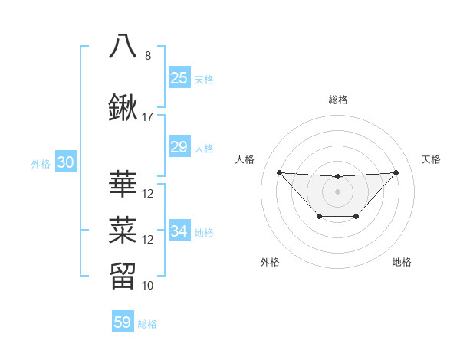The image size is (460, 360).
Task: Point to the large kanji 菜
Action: (x=123, y=228)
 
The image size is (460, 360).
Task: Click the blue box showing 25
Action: (x=179, y=78)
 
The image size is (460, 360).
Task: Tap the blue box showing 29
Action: (x=179, y=147)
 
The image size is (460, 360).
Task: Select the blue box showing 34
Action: (x=179, y=231)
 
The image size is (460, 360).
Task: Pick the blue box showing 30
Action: (x=65, y=162)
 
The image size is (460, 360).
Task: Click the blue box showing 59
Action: (x=123, y=322)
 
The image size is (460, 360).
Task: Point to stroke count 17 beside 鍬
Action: (x=148, y=117)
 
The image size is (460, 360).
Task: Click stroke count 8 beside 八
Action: (x=148, y=56)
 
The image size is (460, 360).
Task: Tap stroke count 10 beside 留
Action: (x=148, y=286)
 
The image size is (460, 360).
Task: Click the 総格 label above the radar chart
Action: (x=337, y=100)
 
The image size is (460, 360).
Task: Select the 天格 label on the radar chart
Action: (x=432, y=159)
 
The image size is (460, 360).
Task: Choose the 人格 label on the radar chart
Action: (x=245, y=159)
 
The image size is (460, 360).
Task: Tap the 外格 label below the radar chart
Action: (x=270, y=262)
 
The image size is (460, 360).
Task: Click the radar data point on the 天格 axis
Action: (x=396, y=172)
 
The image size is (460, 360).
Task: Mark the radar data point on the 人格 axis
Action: (x=279, y=172)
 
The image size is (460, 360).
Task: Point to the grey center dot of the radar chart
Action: (x=337, y=191)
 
